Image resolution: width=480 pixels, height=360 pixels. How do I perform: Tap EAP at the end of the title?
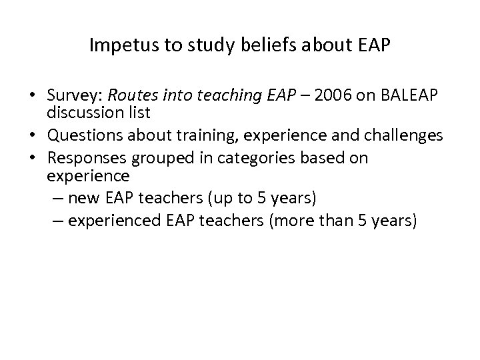(x=375, y=47)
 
